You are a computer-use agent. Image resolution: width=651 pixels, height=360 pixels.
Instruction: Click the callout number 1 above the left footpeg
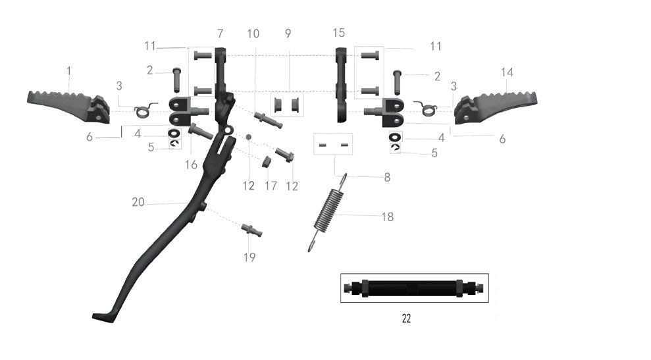[68, 70]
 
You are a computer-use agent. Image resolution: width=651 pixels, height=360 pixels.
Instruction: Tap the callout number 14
[507, 72]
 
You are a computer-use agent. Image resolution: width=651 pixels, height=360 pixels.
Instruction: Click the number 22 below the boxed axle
[406, 319]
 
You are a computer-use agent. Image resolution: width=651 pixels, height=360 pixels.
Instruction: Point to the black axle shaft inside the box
[414, 288]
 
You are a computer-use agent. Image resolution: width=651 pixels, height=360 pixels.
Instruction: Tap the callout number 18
[388, 217]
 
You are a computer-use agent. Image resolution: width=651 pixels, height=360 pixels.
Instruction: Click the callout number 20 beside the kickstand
[138, 202]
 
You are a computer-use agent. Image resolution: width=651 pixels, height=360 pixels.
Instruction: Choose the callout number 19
[249, 257]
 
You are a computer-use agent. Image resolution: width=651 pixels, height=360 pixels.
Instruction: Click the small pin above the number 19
[251, 230]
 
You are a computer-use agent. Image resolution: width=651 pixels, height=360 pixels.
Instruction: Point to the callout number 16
[191, 165]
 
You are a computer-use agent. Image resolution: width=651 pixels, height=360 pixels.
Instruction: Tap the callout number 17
[271, 186]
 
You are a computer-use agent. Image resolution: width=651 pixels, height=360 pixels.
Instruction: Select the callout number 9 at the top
[288, 33]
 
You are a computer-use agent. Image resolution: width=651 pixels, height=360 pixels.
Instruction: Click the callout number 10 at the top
[253, 33]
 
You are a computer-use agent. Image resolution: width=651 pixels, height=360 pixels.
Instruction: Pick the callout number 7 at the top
[220, 33]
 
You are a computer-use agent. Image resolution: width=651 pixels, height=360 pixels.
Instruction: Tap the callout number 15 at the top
[338, 32]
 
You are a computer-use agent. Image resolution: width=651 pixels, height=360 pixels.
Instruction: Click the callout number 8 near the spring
[387, 177]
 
